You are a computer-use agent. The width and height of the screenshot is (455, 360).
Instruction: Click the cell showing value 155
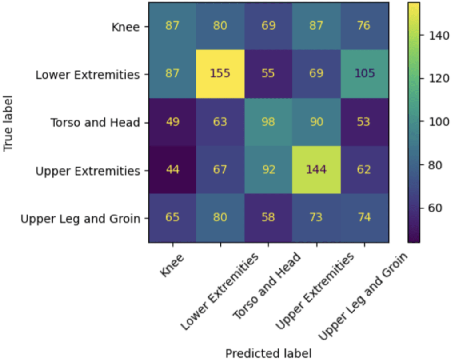pos(220,73)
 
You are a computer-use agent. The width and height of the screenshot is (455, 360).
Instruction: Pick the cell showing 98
pos(268,122)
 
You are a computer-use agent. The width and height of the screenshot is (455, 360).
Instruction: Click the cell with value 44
pos(172,170)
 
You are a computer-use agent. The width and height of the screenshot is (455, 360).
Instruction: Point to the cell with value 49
pos(172,122)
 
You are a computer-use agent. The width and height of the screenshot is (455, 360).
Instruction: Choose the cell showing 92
pos(268,170)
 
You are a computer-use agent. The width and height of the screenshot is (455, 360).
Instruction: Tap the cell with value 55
pos(268,73)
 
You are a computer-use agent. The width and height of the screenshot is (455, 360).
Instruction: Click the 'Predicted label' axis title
pos(268,353)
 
